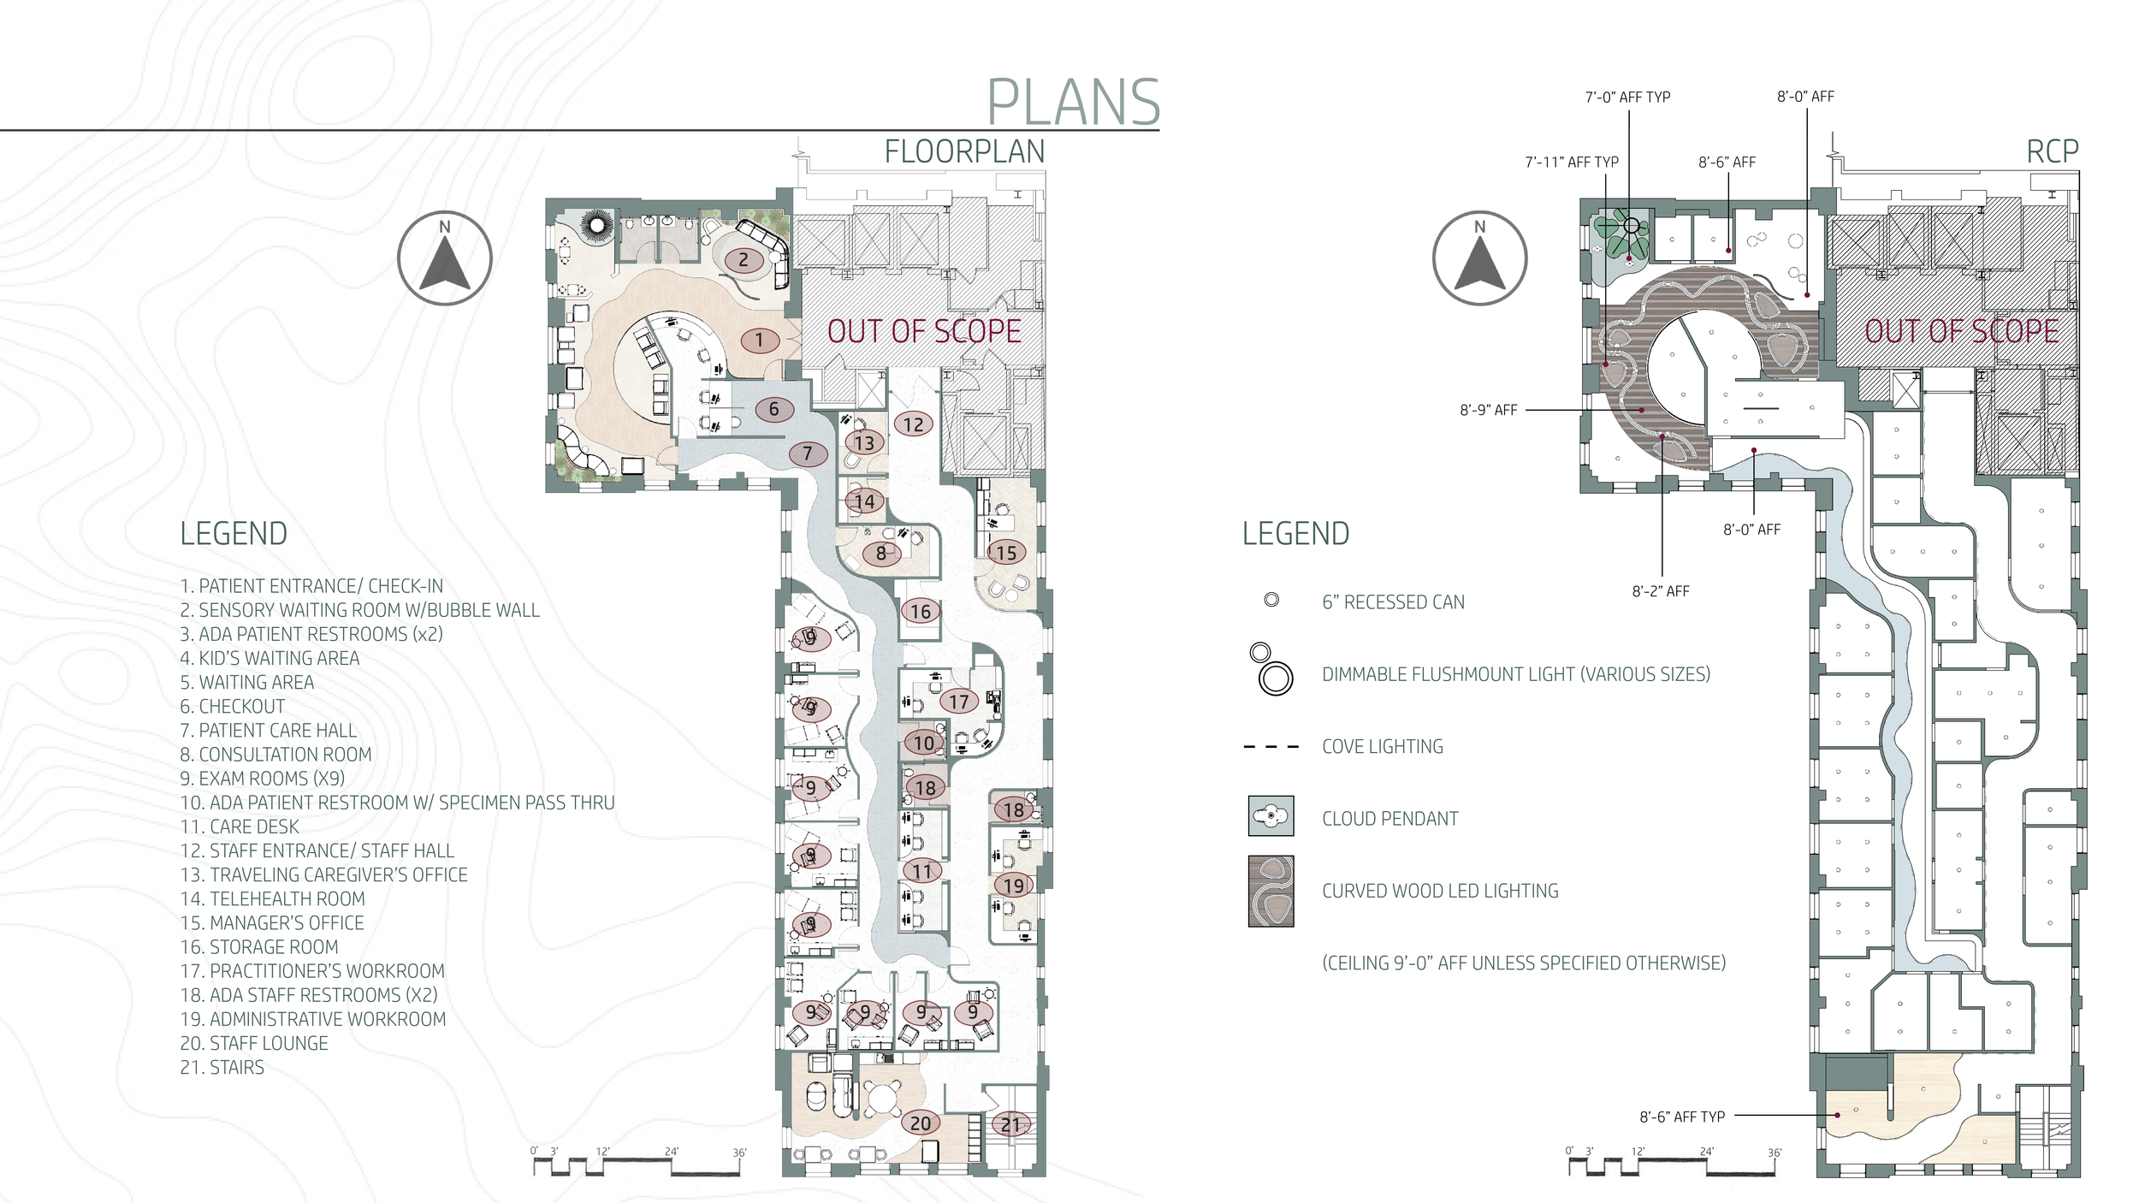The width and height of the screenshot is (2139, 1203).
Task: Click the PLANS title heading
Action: [x=1074, y=103]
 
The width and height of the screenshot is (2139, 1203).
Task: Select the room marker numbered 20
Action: [x=921, y=1123]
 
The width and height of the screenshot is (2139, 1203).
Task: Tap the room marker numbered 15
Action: [x=1006, y=553]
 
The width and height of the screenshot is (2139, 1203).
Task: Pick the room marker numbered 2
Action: [x=744, y=260]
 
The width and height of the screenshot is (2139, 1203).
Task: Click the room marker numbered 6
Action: [x=774, y=409]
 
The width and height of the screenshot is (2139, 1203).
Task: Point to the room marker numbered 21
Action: [x=1011, y=1125]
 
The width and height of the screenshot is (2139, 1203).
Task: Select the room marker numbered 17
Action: [x=959, y=702]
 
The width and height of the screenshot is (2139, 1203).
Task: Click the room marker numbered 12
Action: [x=914, y=424]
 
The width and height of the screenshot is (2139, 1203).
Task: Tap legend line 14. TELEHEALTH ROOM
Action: [x=272, y=899]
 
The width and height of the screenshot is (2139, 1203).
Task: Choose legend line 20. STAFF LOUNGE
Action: [x=254, y=1044]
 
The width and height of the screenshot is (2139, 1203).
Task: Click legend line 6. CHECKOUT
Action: [x=232, y=707]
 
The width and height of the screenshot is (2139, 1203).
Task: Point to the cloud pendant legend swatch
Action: [x=1271, y=816]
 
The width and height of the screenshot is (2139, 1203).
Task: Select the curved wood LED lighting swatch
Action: [x=1271, y=892]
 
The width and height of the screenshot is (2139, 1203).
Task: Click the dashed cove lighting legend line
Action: [x=1271, y=747]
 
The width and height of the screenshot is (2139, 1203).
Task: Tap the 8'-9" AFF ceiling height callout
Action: [x=1489, y=411]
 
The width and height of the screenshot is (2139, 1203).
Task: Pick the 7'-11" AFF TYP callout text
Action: [x=1572, y=163]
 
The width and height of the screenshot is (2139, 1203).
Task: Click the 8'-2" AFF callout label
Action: [x=1661, y=591]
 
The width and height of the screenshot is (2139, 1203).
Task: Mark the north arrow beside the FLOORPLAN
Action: [x=445, y=258]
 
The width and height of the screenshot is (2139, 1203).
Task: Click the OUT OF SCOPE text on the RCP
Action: [x=1962, y=332]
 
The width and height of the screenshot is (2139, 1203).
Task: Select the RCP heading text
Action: [x=2053, y=152]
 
